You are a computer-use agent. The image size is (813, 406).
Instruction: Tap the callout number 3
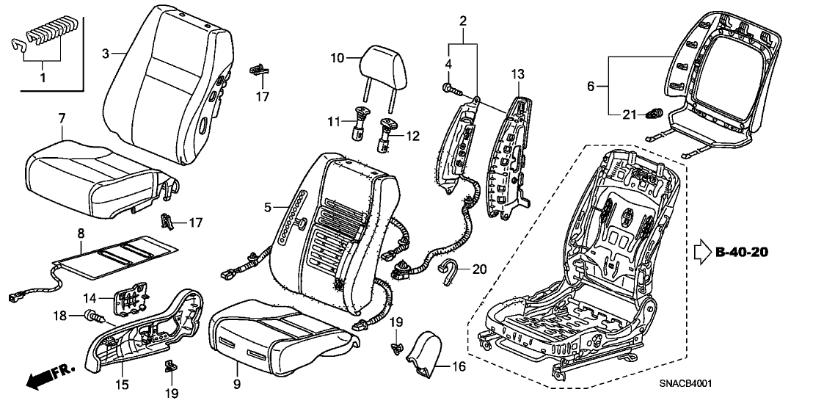click(106, 54)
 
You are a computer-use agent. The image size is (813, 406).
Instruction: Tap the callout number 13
click(519, 73)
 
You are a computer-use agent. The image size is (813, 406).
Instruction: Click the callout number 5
click(269, 208)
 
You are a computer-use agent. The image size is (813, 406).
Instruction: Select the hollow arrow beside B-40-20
click(700, 253)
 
